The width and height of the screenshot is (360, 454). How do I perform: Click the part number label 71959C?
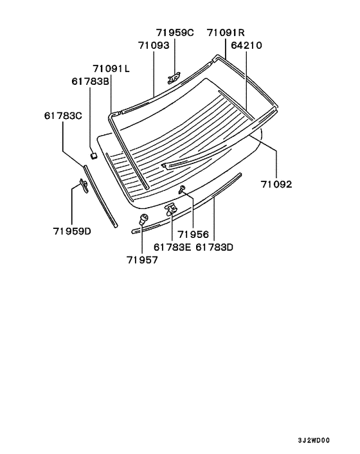(175, 32)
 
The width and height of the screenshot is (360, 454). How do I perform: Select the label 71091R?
(226, 32)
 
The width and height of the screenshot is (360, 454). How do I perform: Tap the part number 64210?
(246, 45)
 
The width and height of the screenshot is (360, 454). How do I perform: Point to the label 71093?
(154, 45)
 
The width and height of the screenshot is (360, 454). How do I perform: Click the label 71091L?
(111, 69)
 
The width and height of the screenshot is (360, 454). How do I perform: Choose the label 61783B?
(90, 82)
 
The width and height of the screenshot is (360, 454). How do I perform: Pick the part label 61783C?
(63, 116)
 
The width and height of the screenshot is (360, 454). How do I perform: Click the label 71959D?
(72, 231)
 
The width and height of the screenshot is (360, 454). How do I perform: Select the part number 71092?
(276, 184)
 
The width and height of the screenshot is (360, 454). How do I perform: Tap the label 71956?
(193, 235)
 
